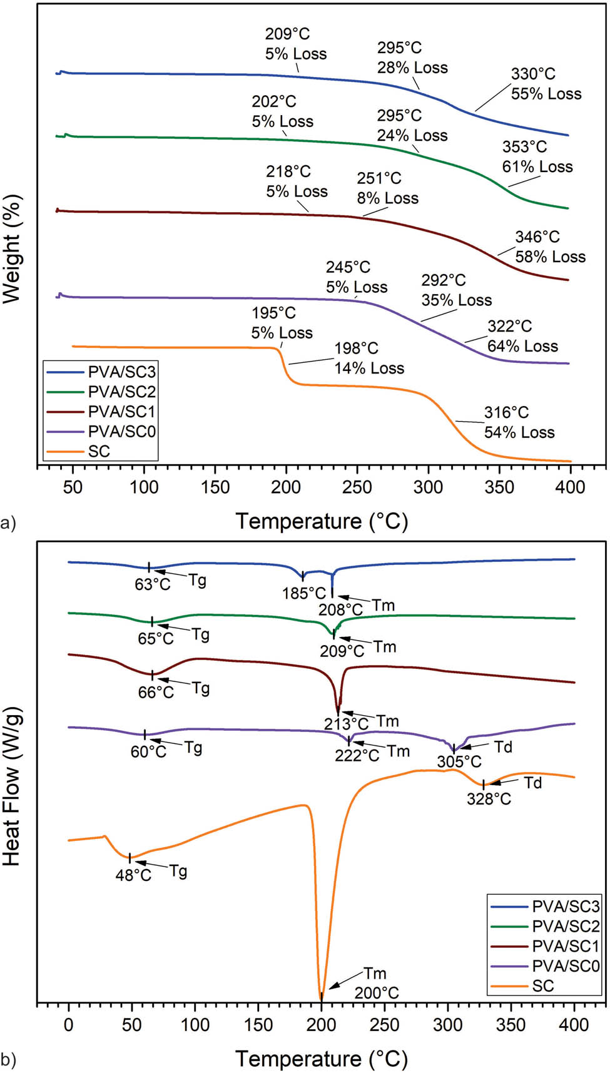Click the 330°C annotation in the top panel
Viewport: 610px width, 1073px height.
533,74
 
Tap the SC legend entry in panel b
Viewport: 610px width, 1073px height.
542,986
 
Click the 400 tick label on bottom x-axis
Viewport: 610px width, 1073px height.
574,1024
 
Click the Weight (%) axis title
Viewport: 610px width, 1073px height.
13,249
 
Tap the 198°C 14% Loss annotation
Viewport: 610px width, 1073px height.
369,358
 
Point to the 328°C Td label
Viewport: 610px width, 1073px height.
489,799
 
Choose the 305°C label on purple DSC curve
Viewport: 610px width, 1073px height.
459,761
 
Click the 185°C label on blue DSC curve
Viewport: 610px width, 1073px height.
304,592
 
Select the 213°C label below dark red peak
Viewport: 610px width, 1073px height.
346,724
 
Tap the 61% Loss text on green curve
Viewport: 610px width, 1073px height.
537,166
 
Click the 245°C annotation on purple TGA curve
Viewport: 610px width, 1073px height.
348,267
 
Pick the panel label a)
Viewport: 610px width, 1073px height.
8,522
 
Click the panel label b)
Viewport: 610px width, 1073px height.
8,1060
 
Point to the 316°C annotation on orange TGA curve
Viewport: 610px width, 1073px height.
506,412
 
